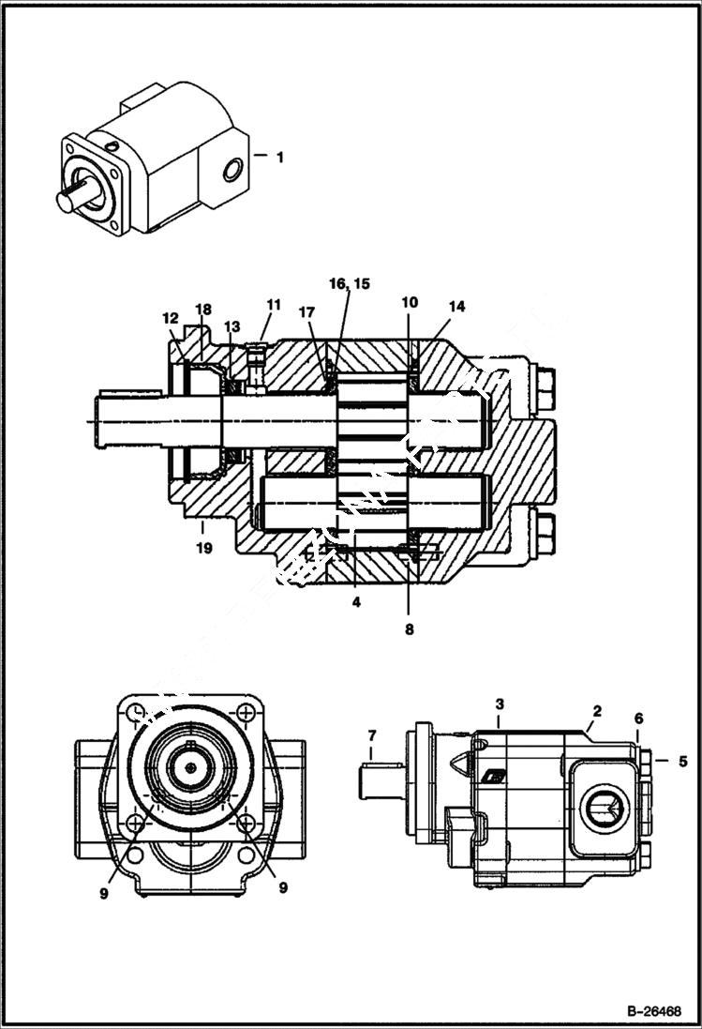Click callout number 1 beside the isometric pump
(x=278, y=158)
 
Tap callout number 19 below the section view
(x=204, y=546)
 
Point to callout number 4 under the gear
(x=356, y=601)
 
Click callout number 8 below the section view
(x=409, y=629)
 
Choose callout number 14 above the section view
(x=456, y=306)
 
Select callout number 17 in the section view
(x=306, y=311)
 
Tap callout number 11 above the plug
(x=273, y=304)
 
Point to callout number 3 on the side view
(x=500, y=703)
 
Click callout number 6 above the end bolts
(x=637, y=718)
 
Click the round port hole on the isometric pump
(x=233, y=170)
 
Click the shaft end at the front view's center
(x=191, y=767)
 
